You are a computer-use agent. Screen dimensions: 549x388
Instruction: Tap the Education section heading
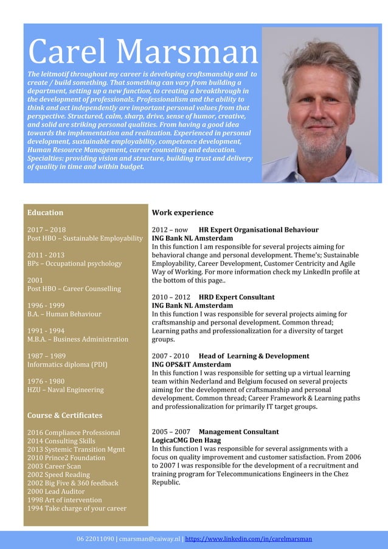point(46,212)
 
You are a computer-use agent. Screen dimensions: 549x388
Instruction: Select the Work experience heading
point(182,212)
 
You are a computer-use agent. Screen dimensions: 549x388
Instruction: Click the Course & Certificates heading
point(64,415)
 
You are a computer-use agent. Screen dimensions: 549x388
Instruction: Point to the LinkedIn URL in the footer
point(248,539)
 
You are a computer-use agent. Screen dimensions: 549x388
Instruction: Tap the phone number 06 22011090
point(95,539)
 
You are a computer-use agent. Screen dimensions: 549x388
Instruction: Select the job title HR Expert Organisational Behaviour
point(258,230)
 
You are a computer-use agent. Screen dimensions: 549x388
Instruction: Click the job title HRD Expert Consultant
point(237,297)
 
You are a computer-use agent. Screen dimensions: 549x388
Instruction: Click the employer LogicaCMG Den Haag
point(186,440)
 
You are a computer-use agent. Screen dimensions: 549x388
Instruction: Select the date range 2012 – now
point(170,230)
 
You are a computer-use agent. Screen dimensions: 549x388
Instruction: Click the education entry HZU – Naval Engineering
point(66,390)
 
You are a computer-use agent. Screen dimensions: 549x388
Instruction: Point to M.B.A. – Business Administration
point(78,339)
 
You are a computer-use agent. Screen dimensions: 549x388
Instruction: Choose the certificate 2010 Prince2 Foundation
point(66,458)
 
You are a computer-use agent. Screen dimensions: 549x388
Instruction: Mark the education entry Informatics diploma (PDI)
point(68,365)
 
